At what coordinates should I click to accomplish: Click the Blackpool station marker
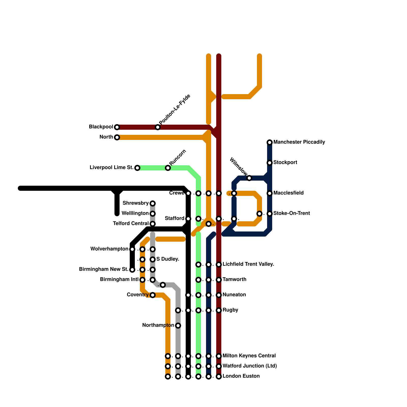tap(117, 127)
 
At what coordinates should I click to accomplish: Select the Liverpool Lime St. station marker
tap(137, 168)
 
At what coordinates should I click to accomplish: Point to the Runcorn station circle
tap(168, 168)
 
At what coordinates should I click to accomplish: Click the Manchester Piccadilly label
tap(299, 142)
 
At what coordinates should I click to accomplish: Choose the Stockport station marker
tap(270, 163)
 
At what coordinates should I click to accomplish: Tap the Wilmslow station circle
tap(249, 178)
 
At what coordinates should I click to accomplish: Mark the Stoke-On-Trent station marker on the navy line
tap(270, 214)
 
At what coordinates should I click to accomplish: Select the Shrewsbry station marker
tap(153, 203)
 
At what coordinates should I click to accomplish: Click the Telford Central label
tap(131, 223)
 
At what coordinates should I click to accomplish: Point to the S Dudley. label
tap(168, 259)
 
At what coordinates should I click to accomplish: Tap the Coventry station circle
tap(153, 295)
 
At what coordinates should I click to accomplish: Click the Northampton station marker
tap(178, 326)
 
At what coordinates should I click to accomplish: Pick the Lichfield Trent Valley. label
tap(248, 264)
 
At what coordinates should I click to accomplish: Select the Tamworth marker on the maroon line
tap(219, 280)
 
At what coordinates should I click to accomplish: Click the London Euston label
tap(241, 376)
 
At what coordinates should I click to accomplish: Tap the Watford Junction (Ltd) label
tap(250, 366)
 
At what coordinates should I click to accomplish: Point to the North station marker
tap(117, 137)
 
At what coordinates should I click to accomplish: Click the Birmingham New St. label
tap(104, 269)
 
